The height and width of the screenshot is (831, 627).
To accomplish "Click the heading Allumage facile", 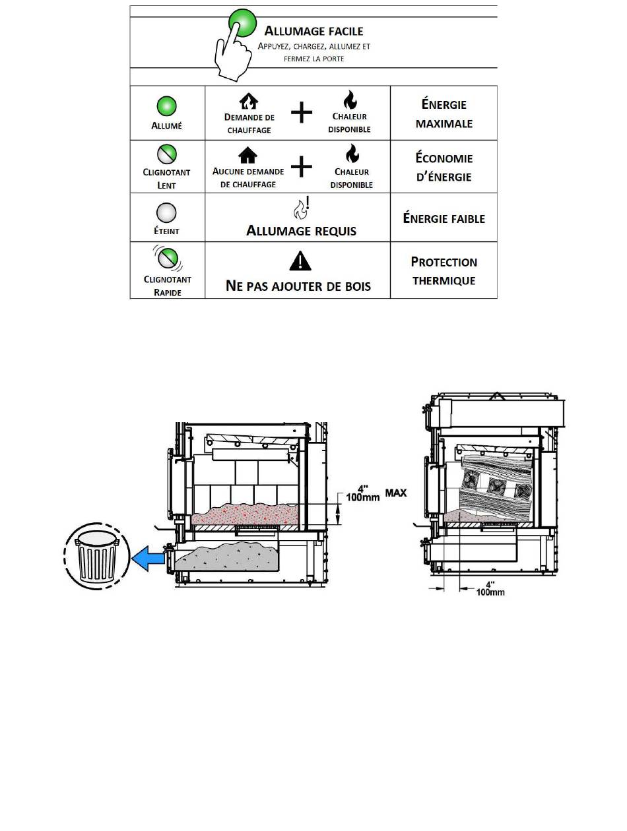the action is (313, 30).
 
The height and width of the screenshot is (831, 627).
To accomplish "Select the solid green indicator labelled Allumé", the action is (167, 106).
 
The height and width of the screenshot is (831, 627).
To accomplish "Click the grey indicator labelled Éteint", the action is (166, 212).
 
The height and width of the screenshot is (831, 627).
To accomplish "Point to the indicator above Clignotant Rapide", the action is (168, 258).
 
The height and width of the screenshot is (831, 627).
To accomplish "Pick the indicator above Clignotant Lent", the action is (167, 154).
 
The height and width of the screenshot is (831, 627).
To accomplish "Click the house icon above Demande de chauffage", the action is (249, 101).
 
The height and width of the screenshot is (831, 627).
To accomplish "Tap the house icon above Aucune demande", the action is (247, 155).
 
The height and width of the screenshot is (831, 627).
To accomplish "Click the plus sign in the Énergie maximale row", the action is (302, 112).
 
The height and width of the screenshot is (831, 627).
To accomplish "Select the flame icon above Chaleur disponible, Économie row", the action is (352, 153).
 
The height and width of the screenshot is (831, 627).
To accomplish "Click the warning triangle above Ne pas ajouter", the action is (300, 261).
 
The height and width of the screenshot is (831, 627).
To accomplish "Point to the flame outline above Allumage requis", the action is (302, 208).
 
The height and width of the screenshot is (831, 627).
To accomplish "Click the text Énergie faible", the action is (444, 218).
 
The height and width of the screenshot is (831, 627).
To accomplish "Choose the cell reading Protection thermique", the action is (444, 270).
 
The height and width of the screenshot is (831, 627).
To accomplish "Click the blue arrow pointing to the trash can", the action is (148, 558).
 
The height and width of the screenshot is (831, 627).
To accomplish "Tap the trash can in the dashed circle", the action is (96, 556).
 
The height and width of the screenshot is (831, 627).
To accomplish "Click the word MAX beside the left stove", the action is (395, 493).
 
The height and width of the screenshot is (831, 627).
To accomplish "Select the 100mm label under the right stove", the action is (490, 592).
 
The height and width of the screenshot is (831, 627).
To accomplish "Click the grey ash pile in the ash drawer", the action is (226, 557).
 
